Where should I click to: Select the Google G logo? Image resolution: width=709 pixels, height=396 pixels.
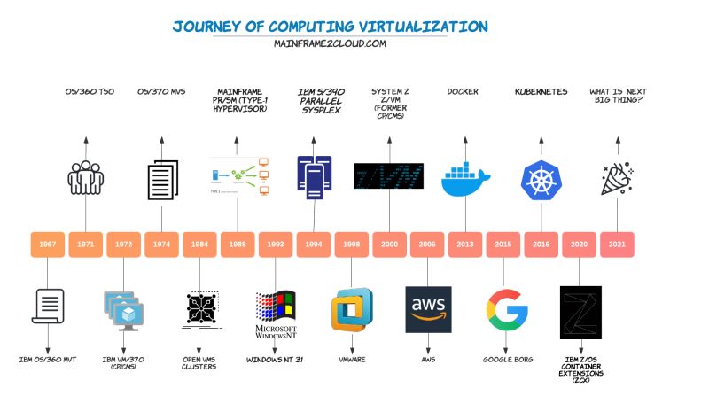[x=507, y=309]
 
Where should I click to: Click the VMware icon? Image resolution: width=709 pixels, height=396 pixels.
[x=351, y=310]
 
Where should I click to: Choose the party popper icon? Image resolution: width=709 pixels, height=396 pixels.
[x=617, y=178]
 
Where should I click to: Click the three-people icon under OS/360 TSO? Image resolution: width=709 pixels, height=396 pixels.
[x=85, y=176]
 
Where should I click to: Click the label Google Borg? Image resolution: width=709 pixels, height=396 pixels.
[x=507, y=360]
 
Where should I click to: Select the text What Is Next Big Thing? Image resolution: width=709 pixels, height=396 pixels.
[x=617, y=96]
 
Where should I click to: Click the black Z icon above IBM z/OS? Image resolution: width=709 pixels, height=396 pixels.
[x=580, y=309]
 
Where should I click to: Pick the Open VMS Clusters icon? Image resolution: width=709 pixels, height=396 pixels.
[x=199, y=309]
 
